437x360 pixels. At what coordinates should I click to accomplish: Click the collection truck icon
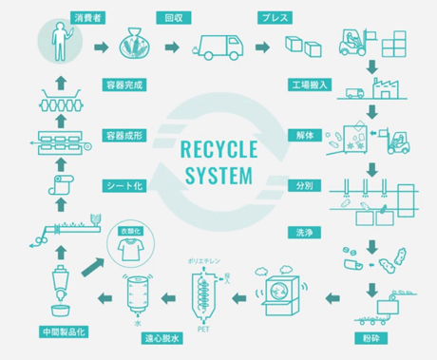pyautogui.click(x=222, y=45)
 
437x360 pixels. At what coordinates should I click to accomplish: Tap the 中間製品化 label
pyautogui.click(x=63, y=332)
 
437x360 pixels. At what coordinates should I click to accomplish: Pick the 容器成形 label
pyautogui.click(x=125, y=134)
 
